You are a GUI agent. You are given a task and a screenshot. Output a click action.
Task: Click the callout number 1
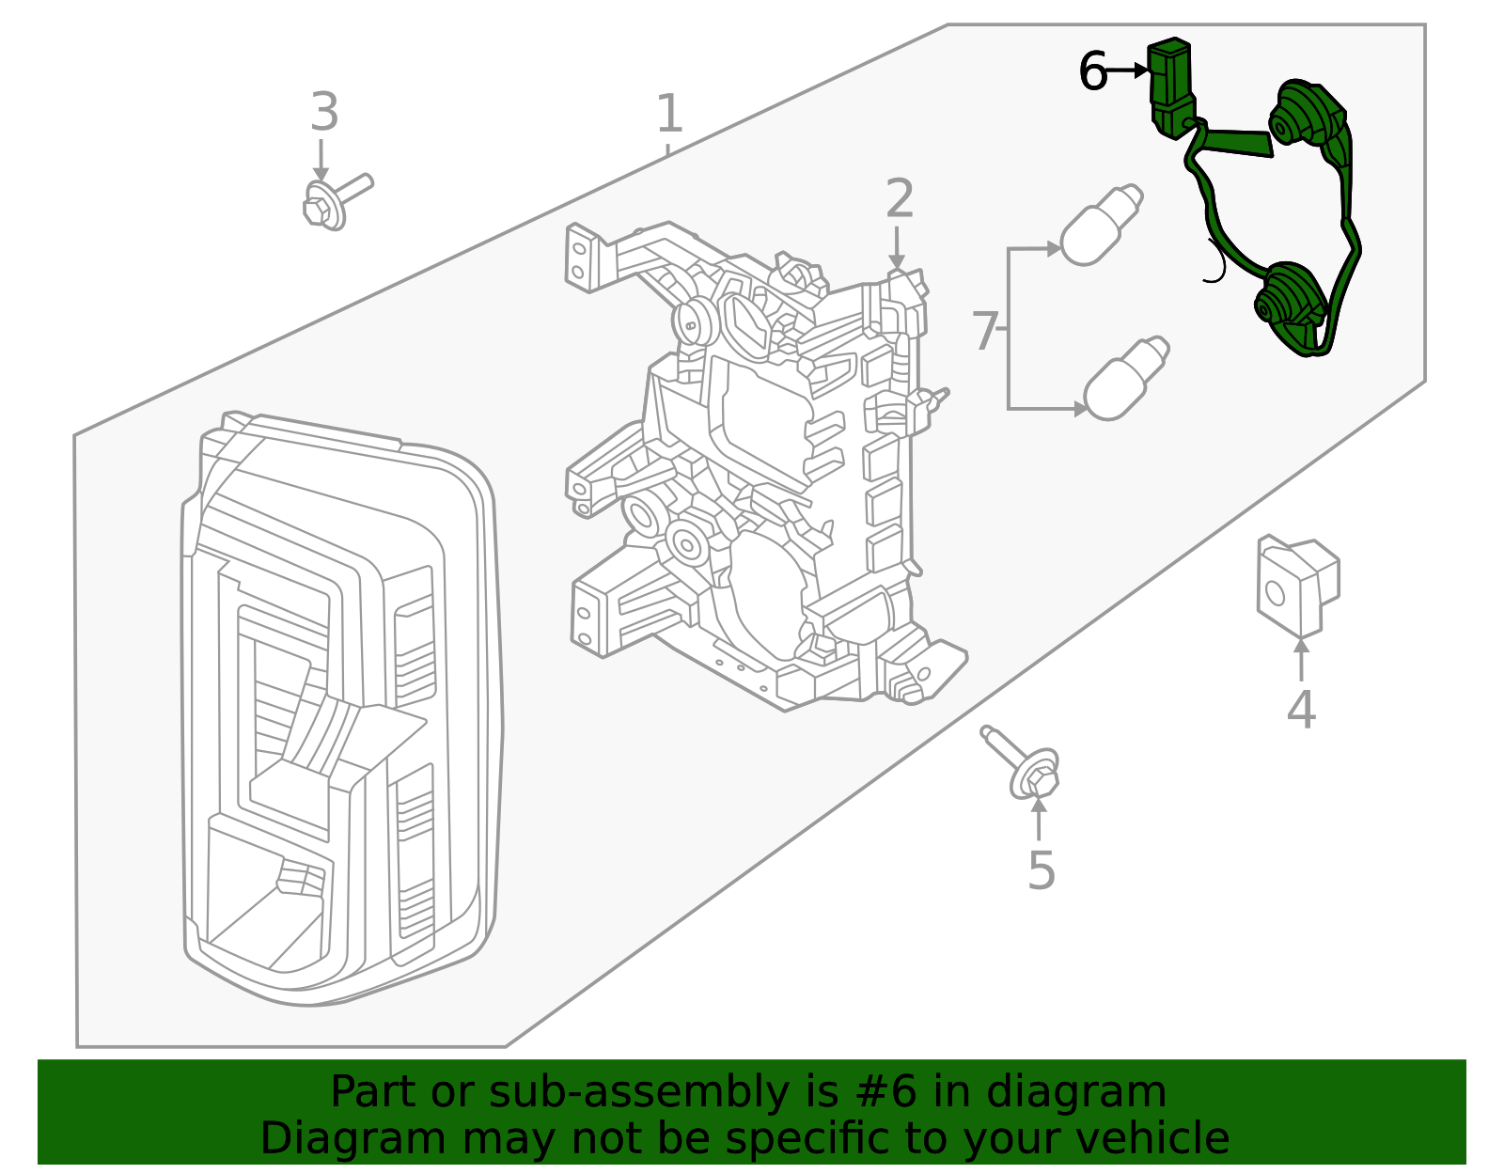668,114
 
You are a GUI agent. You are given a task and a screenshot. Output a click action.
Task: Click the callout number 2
900,199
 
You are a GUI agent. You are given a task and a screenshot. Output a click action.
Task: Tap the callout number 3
324,113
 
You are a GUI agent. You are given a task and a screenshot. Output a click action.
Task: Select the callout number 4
1301,710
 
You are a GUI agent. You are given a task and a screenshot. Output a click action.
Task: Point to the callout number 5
1042,871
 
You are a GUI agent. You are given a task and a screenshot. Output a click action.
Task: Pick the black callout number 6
1092,72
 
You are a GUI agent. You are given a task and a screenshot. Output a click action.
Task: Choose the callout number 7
984,332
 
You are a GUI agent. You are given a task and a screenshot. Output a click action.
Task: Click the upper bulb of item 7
1100,226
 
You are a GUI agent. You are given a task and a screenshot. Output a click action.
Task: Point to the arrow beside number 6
1129,70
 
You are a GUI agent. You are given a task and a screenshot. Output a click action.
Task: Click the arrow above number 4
1301,658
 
